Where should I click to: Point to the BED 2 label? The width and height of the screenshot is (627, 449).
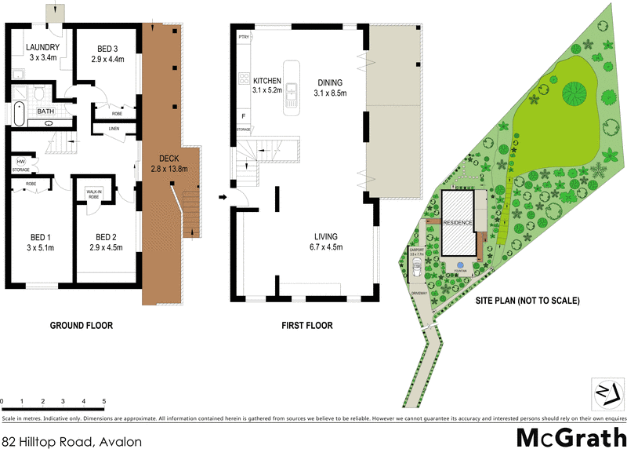pyautogui.click(x=106, y=237)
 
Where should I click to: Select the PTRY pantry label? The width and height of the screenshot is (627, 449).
pyautogui.click(x=243, y=36)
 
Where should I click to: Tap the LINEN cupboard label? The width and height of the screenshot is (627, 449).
pyautogui.click(x=114, y=128)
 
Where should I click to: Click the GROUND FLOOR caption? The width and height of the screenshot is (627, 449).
pyautogui.click(x=81, y=325)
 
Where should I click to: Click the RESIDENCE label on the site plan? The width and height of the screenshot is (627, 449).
pyautogui.click(x=458, y=223)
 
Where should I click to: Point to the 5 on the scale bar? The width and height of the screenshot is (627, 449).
pyautogui.click(x=104, y=401)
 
